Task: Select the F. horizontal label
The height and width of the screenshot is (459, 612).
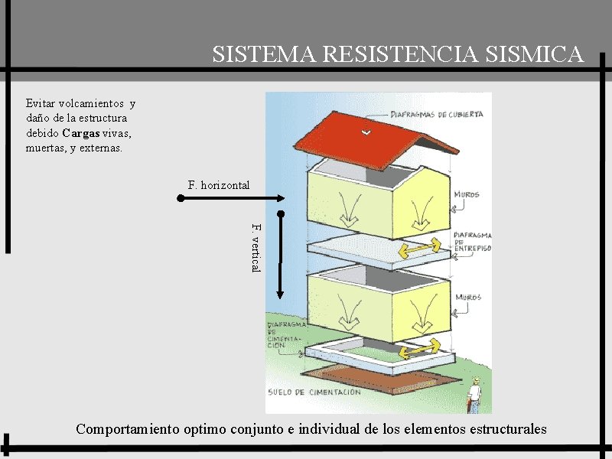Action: point(219,185)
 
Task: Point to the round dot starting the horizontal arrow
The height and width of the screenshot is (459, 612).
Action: point(181,198)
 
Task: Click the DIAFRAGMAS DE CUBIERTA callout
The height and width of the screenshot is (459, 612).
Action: point(437,115)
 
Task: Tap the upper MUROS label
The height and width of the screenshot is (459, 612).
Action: point(467,195)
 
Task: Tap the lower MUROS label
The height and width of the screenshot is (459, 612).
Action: point(467,297)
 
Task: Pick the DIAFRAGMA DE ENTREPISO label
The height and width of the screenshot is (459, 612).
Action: point(472,242)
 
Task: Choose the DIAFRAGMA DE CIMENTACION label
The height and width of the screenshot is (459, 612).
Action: point(285,334)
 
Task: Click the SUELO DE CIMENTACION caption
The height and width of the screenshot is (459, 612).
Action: point(314,392)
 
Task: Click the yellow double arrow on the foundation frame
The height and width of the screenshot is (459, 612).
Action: point(421,347)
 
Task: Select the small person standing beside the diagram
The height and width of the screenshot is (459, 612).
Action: point(474,395)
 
